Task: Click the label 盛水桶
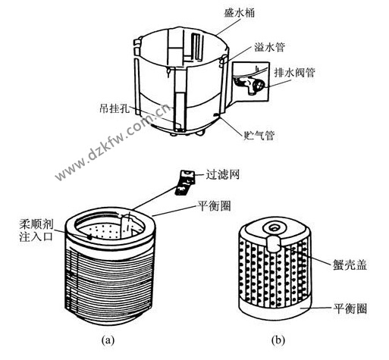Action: [239, 13]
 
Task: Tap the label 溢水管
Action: [269, 47]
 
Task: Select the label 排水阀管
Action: [295, 73]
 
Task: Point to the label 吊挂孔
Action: [115, 108]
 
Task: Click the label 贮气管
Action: [259, 136]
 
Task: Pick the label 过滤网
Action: [222, 174]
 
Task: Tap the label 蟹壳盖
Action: [350, 265]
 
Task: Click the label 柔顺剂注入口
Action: [37, 230]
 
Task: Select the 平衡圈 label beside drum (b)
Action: [350, 308]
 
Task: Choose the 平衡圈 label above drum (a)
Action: [214, 206]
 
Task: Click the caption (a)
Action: [108, 340]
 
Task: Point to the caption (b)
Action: [278, 340]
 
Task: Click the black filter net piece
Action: [185, 183]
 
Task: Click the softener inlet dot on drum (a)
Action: [89, 236]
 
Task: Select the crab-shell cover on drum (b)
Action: [273, 244]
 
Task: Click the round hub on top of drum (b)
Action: [273, 227]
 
